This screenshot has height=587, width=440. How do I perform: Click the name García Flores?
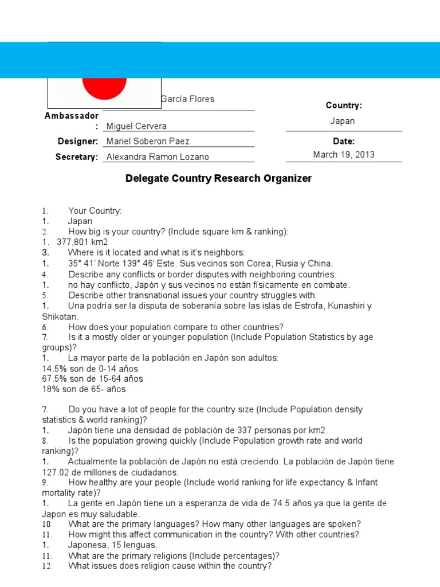(188, 99)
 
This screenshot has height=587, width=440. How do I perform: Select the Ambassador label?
(72, 116)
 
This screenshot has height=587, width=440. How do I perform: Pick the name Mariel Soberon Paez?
(148, 141)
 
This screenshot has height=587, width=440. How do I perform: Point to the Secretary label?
(77, 156)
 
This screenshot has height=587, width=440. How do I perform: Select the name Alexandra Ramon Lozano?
(158, 156)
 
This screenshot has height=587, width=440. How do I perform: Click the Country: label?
(344, 105)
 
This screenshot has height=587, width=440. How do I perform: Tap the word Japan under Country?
(343, 121)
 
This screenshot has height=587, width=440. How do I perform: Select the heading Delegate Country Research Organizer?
(218, 178)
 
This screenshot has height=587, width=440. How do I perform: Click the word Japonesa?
(88, 545)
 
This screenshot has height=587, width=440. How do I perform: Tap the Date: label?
(344, 141)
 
